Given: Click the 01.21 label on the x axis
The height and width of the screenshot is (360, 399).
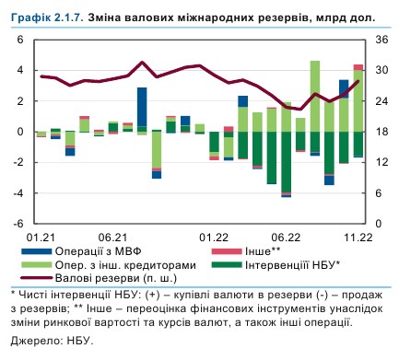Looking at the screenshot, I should point(41,237).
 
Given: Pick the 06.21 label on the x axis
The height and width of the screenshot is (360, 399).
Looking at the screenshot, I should point(112,237).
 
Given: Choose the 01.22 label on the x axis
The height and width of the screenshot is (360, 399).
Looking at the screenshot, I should point(215,237).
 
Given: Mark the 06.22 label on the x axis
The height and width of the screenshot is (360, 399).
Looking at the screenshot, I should point(286,237).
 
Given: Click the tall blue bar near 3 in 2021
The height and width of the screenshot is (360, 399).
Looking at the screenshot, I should point(142,106).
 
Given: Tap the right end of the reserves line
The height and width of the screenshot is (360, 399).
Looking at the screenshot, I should point(358,80).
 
